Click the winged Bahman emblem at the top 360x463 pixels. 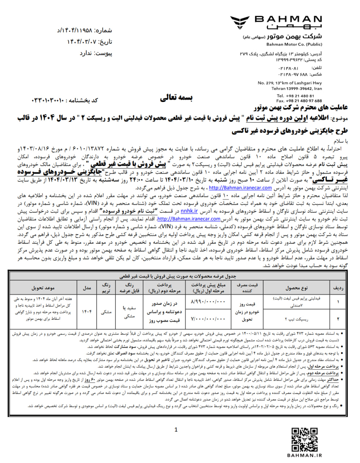coord(241,22)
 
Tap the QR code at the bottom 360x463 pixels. coord(304,439)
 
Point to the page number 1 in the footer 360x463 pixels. coord(176,430)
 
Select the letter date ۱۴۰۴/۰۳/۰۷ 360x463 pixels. coord(82,42)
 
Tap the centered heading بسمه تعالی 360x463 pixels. coord(177,98)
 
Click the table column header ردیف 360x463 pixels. coord(338,288)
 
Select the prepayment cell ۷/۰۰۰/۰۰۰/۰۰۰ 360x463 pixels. coord(207,319)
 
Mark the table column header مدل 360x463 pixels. coord(87,288)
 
